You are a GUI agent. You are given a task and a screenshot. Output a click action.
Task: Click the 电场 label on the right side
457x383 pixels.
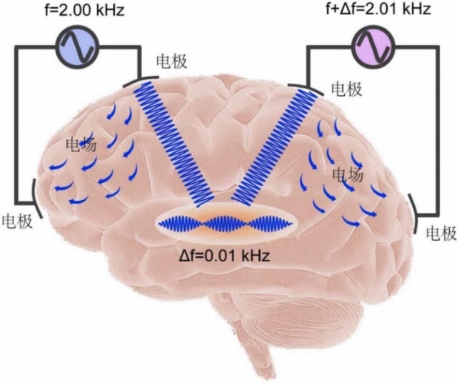point(348,174)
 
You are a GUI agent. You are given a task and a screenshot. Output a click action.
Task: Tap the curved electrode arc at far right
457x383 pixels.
point(415,214)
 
